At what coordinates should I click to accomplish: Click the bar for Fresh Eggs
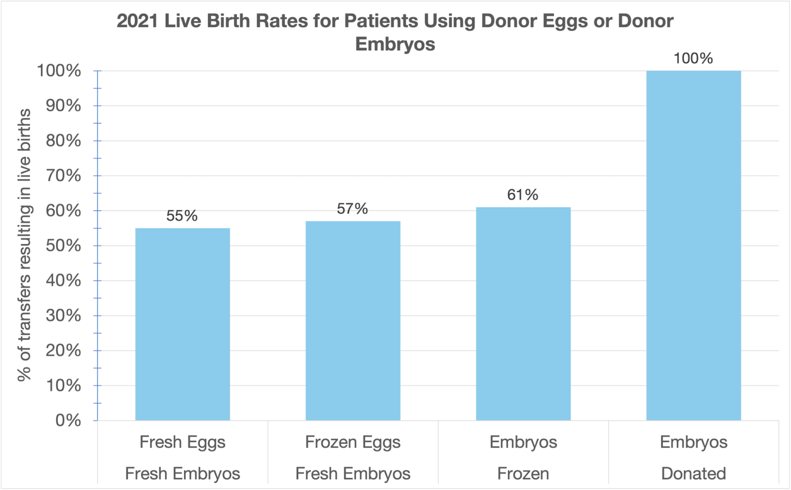coord(182,325)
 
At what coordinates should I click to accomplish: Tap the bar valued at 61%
coord(523,314)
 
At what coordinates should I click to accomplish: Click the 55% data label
coord(182,216)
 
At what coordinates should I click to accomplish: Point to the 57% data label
coord(352,209)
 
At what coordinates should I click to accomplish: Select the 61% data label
coord(523,195)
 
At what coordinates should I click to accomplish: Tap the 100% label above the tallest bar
coord(693,58)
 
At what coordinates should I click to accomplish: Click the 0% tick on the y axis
coord(68,420)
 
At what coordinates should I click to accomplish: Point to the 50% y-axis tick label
coord(63,246)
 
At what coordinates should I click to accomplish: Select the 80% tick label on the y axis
coord(63,141)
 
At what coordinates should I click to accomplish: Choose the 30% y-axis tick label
coord(63,315)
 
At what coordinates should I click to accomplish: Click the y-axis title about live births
coord(24,245)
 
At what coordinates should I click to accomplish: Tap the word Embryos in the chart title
coord(395,44)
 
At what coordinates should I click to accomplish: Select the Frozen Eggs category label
coord(353,442)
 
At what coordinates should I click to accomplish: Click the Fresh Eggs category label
coord(182,442)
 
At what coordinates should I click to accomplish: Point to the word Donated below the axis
coord(693,474)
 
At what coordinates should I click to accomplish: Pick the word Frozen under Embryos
coord(523,474)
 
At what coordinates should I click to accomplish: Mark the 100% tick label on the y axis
coord(59,71)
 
